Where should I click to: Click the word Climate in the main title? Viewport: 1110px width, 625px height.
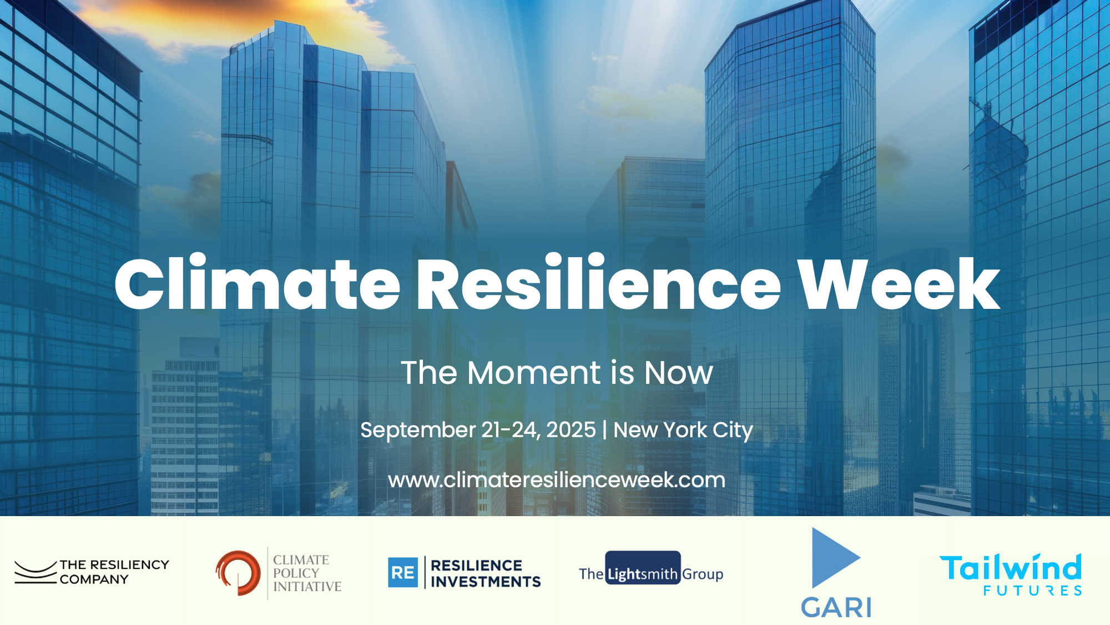click(x=257, y=283)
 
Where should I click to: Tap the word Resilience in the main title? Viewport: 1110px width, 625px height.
click(x=598, y=283)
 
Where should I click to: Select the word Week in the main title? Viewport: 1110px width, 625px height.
click(x=899, y=283)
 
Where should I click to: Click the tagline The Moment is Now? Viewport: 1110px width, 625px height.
click(x=557, y=372)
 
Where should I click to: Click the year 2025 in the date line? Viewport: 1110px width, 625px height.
click(x=571, y=430)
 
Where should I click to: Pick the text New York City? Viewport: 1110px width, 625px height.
click(x=683, y=430)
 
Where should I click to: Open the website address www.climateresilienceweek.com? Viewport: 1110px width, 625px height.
click(x=557, y=480)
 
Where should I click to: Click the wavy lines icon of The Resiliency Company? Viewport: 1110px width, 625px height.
click(x=35, y=572)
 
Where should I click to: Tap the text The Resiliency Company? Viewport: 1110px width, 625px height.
click(x=114, y=572)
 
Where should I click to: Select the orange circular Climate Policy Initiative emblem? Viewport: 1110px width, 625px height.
click(x=239, y=573)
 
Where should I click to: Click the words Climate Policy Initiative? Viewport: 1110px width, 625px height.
click(x=306, y=573)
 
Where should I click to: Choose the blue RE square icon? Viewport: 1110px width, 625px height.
click(x=403, y=573)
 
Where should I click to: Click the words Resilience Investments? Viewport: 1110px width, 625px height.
click(x=485, y=573)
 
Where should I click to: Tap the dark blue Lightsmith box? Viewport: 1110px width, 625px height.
click(x=643, y=568)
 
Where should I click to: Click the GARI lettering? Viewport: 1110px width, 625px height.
click(x=836, y=607)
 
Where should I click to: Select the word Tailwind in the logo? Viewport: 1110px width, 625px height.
click(x=1010, y=568)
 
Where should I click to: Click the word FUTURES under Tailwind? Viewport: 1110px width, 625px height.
click(x=1032, y=591)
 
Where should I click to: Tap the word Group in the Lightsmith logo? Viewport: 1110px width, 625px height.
click(x=703, y=574)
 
